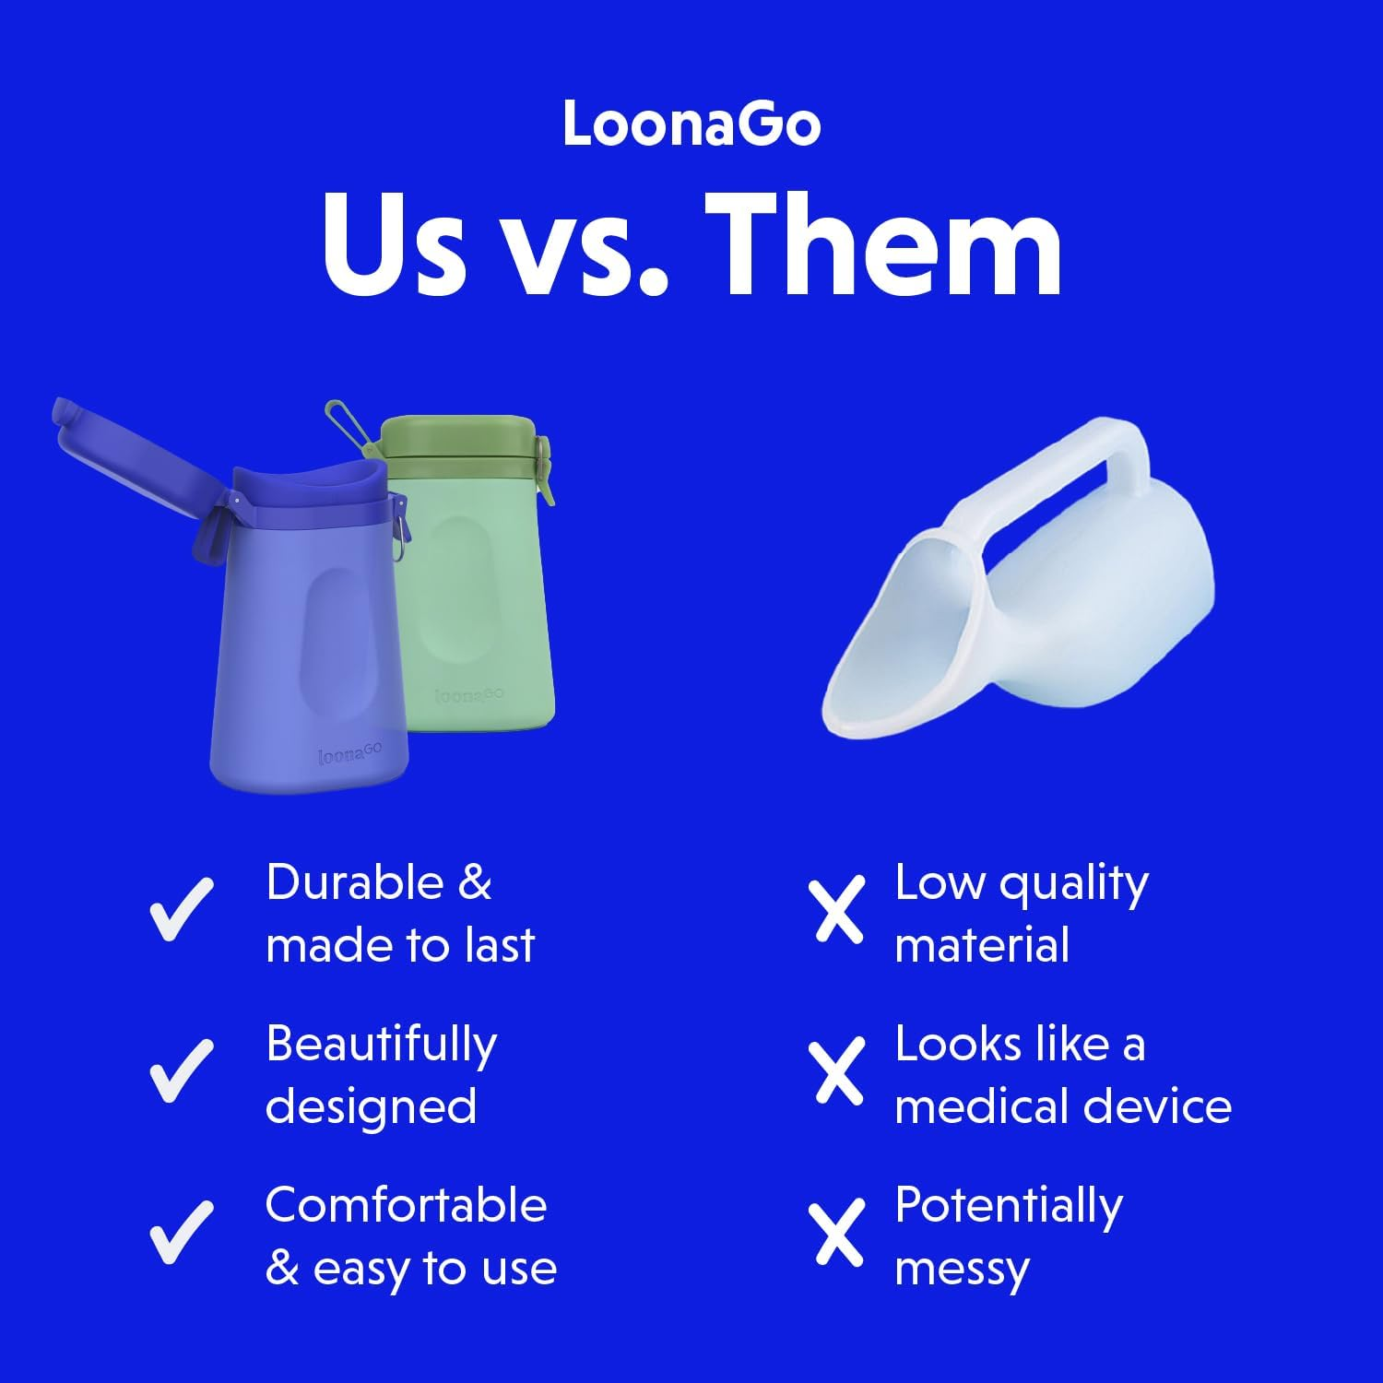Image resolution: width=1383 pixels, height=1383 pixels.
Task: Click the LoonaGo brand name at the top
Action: click(691, 124)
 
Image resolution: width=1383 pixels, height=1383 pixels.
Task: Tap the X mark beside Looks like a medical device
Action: click(839, 1070)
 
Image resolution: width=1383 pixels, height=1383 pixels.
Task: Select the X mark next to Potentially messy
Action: click(839, 1232)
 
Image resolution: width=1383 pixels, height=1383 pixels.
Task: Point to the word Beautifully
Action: click(381, 1046)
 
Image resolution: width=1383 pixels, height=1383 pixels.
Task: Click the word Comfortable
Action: click(406, 1205)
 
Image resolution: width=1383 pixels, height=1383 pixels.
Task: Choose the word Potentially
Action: click(1009, 1206)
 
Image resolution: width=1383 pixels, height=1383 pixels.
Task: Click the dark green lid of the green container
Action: click(457, 440)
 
